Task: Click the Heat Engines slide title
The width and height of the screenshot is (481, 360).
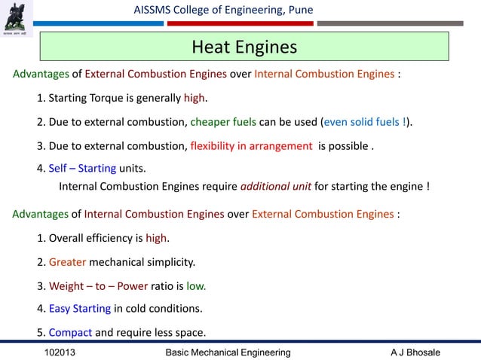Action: tap(244, 47)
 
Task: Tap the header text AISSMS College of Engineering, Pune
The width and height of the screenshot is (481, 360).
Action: tap(222, 9)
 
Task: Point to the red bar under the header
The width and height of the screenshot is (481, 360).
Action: tap(239, 23)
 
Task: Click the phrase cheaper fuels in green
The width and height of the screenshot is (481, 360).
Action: tap(224, 123)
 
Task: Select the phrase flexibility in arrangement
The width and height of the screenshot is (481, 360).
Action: tap(251, 145)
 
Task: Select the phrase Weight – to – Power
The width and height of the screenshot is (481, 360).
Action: tap(98, 286)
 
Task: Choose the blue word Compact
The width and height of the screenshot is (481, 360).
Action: tap(70, 332)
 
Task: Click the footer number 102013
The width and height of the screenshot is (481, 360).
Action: tap(60, 352)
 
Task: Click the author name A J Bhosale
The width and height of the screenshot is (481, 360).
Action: tap(415, 352)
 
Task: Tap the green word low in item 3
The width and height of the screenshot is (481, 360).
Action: tap(196, 286)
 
